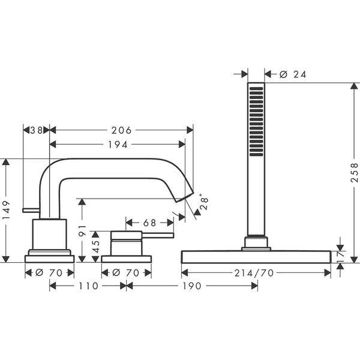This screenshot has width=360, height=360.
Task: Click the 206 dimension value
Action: [x=121, y=130]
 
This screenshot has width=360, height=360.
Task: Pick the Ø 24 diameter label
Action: [x=294, y=74]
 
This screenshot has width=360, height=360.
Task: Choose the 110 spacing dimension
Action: [x=88, y=286]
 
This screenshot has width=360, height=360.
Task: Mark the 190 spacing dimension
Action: [x=191, y=286]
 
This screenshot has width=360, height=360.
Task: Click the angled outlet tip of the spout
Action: [x=186, y=196]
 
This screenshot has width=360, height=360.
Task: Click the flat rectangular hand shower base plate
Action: [x=256, y=257]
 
